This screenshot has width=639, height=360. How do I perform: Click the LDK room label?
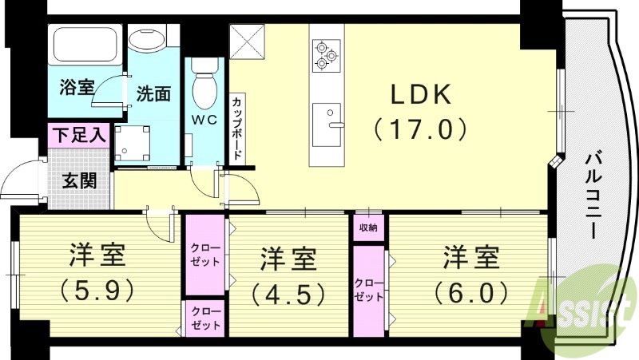point(421,95)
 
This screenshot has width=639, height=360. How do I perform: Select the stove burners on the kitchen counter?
point(326,53)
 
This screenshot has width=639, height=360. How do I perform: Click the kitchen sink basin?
point(326,124)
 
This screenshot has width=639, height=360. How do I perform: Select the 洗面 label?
point(153,93)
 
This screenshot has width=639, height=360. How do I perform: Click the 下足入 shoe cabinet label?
point(80,135)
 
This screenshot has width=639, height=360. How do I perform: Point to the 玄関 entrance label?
point(80,180)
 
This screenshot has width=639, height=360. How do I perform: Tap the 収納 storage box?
point(368,228)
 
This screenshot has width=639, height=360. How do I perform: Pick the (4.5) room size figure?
point(288,293)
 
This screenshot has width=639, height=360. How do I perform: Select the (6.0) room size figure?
point(471,291)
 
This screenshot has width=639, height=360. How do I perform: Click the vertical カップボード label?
point(238,128)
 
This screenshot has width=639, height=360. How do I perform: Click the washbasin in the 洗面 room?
point(146,40)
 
